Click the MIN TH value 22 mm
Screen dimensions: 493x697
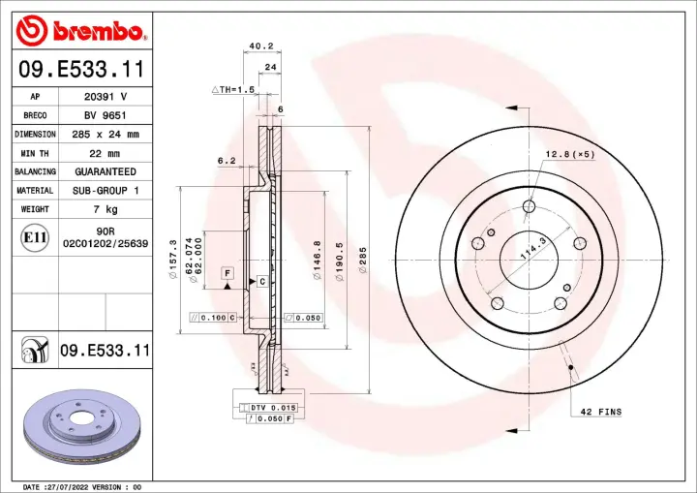point(100,153)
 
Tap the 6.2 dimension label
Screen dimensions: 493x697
point(226,160)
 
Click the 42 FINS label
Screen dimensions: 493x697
point(602,412)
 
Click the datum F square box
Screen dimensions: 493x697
point(227,274)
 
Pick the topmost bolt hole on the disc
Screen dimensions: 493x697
point(528,205)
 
